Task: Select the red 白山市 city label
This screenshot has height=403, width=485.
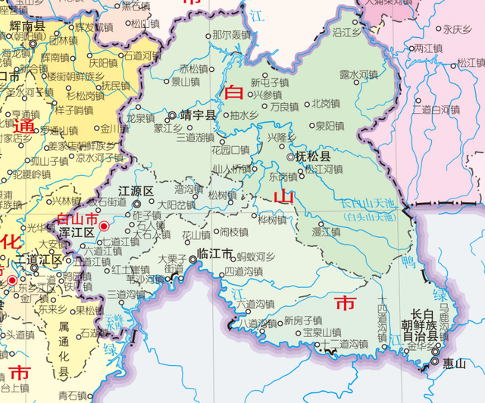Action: click(x=77, y=218)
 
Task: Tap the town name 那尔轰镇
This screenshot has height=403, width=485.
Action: click(x=231, y=35)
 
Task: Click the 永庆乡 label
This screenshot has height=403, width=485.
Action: click(x=458, y=30)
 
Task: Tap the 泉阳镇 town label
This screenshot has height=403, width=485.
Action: click(x=330, y=125)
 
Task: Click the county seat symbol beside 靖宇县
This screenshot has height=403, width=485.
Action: click(x=172, y=116)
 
